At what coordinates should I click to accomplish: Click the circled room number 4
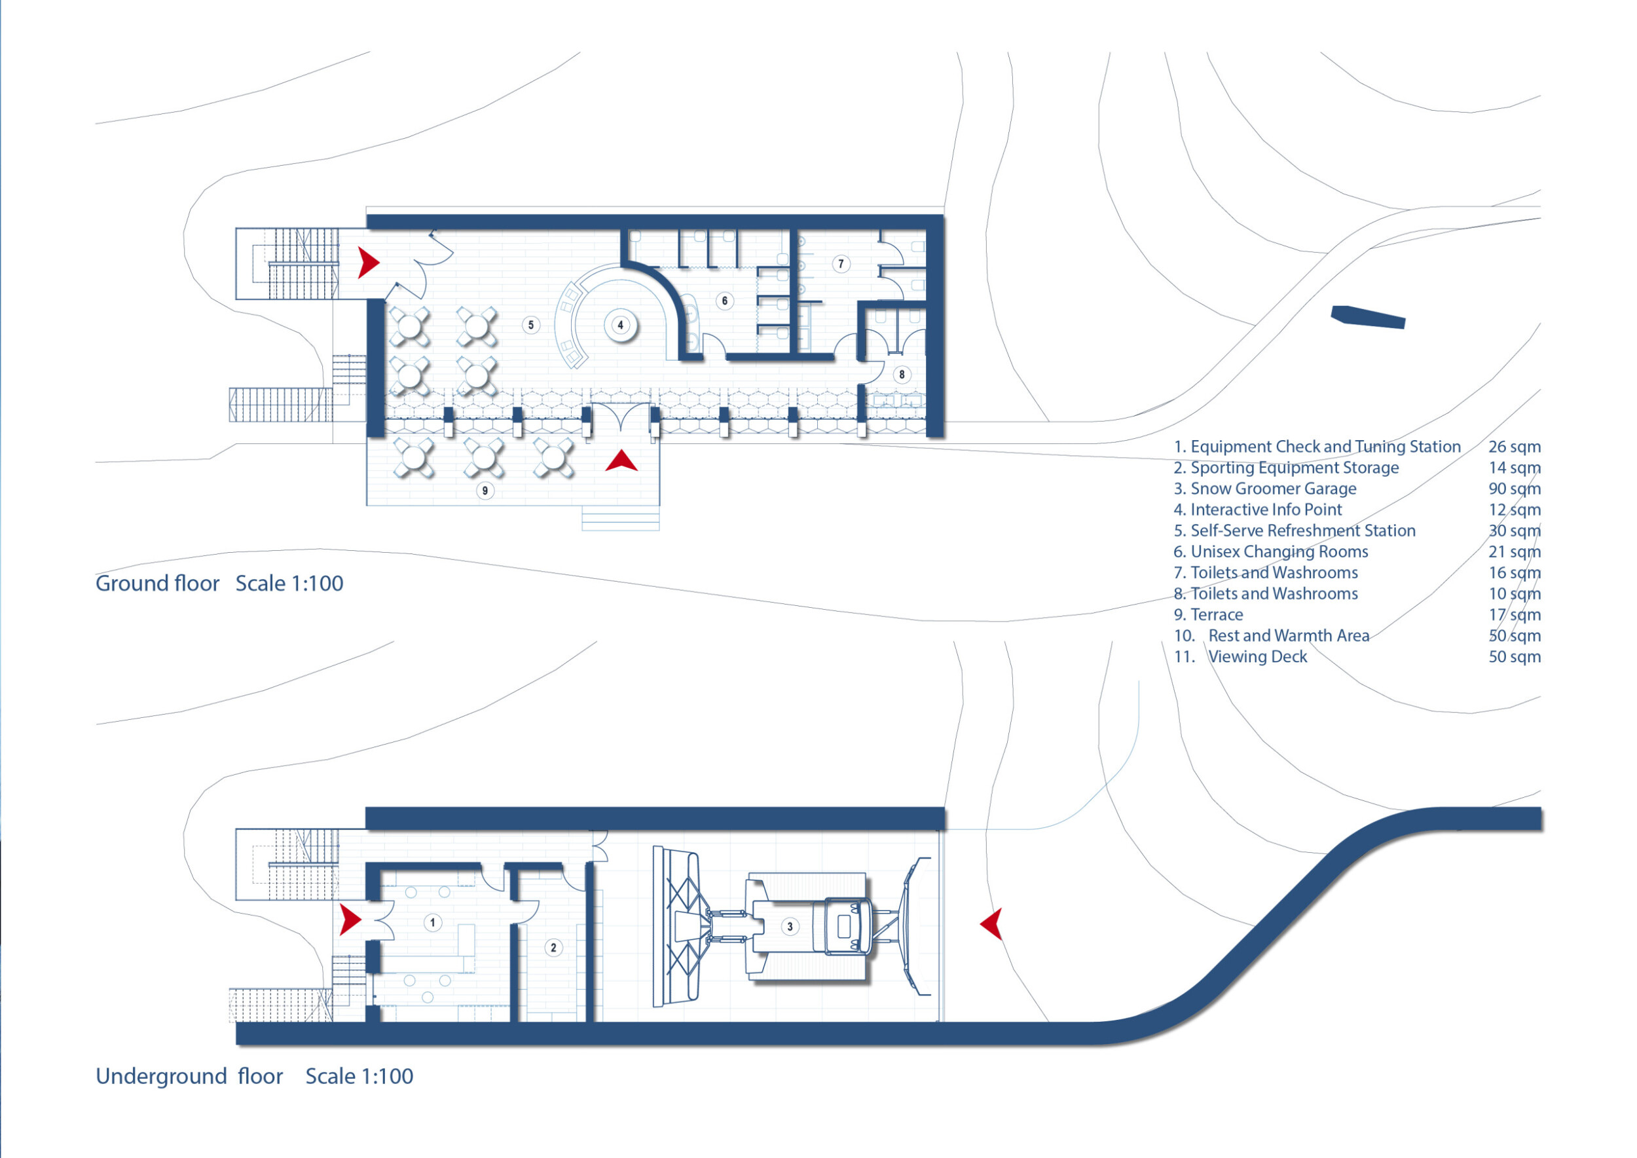(x=620, y=325)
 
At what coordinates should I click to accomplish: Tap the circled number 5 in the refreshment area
(x=530, y=325)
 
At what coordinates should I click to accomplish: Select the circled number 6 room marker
(x=724, y=301)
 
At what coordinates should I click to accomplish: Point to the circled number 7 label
(x=841, y=264)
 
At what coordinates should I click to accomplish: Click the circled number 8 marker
(x=901, y=375)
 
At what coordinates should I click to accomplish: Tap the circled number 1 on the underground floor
(x=432, y=923)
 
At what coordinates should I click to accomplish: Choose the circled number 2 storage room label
(x=553, y=948)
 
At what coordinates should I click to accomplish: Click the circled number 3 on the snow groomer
(x=789, y=927)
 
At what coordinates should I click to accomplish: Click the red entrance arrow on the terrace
(x=621, y=461)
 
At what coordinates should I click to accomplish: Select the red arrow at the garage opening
(x=992, y=924)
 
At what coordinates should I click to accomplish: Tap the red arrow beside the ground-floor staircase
(x=368, y=263)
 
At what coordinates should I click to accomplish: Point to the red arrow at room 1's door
(x=350, y=920)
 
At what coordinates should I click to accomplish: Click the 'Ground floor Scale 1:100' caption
(x=219, y=584)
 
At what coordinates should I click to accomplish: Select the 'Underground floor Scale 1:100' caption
(x=255, y=1076)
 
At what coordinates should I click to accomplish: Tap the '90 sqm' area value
(x=1515, y=489)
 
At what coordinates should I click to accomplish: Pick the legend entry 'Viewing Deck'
(x=1258, y=657)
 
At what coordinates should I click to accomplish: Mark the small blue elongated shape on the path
(x=1367, y=316)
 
